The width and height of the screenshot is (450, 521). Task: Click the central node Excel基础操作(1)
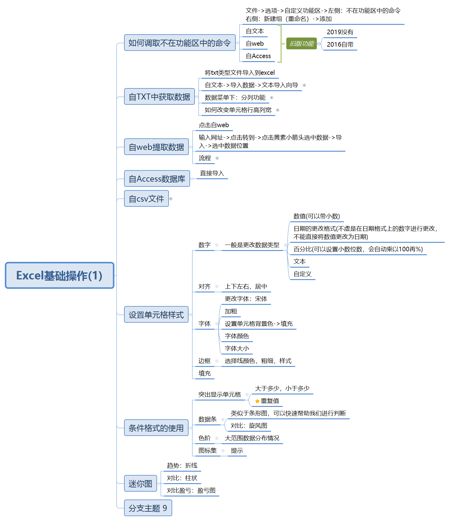click(x=60, y=275)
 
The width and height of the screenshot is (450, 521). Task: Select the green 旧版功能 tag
click(x=301, y=44)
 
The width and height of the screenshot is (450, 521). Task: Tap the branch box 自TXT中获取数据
click(x=159, y=97)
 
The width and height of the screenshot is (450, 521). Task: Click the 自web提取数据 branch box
click(x=156, y=147)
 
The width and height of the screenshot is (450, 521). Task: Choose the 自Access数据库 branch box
click(x=157, y=179)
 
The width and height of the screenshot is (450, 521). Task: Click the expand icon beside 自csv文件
click(x=171, y=199)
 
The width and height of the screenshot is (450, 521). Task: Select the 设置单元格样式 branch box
click(x=156, y=315)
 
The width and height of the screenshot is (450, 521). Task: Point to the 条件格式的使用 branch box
click(x=156, y=428)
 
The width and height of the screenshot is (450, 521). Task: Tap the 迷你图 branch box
click(x=140, y=483)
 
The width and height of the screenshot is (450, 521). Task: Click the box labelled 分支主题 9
click(x=148, y=508)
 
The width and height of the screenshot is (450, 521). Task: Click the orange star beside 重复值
click(x=257, y=401)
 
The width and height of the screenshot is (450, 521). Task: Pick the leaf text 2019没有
click(x=340, y=32)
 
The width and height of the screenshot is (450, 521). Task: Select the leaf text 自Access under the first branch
click(x=258, y=56)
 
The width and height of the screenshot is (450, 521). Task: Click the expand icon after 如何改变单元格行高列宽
click(x=278, y=110)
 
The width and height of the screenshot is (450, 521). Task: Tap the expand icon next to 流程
click(x=217, y=158)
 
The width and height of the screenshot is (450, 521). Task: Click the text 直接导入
click(x=212, y=173)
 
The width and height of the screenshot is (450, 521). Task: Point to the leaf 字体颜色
click(x=237, y=336)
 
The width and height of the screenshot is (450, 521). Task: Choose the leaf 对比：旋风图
click(x=249, y=426)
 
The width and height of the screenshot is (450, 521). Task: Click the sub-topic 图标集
click(x=208, y=450)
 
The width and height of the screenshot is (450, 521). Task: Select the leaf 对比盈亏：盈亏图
click(x=191, y=490)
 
